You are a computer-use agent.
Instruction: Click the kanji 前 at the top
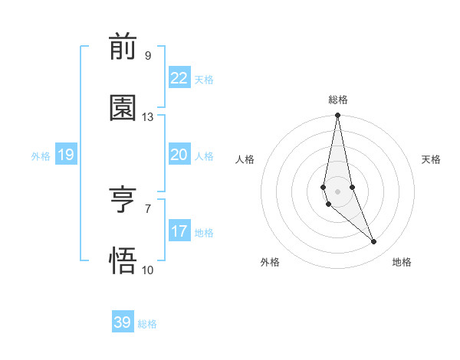[x=123, y=47]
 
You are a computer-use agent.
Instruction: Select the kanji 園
[x=123, y=108]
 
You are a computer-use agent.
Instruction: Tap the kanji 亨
[x=123, y=201]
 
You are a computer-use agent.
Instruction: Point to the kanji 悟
[x=123, y=261]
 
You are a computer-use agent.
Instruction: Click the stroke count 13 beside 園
[x=148, y=117]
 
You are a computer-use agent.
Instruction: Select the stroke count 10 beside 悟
[x=148, y=270]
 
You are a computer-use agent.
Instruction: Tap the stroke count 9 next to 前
[x=148, y=55]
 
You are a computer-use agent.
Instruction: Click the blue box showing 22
[x=179, y=78]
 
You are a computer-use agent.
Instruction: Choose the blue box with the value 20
[x=179, y=155]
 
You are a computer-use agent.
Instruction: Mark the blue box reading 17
[x=179, y=231]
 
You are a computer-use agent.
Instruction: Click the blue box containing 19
[x=65, y=155]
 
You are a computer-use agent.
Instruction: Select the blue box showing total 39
[x=122, y=322]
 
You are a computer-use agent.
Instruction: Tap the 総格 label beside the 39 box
[x=147, y=324]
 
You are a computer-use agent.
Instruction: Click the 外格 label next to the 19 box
[x=41, y=156]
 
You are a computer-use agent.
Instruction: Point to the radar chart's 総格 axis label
[x=338, y=100]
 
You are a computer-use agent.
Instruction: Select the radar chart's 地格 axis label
[x=402, y=262]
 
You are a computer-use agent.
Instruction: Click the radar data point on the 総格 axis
[x=337, y=116]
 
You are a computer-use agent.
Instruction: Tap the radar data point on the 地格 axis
[x=374, y=242]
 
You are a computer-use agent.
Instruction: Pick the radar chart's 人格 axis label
[x=245, y=159]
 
